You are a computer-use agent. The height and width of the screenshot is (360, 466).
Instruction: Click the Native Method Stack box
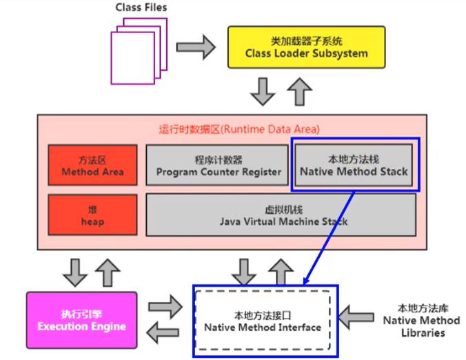click(x=354, y=166)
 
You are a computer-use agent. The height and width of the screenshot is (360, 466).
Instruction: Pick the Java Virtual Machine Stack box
click(x=282, y=214)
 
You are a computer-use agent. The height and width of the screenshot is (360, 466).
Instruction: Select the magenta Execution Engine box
click(x=81, y=319)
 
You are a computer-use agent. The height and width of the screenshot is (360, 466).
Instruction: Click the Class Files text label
click(x=141, y=8)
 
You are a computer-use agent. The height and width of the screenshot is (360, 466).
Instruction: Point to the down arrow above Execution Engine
click(x=73, y=272)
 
